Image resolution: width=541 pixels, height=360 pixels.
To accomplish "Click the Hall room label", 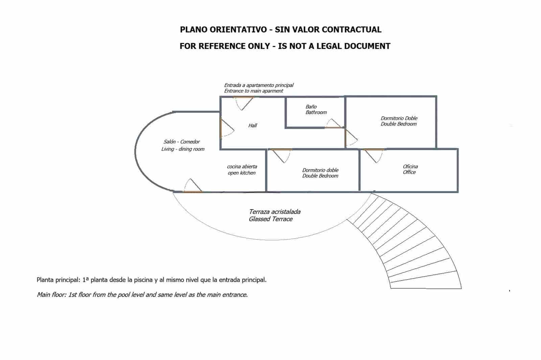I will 253,125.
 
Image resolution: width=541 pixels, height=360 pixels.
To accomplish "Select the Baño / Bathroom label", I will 316,110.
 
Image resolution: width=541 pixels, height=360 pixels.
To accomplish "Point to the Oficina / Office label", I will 410,169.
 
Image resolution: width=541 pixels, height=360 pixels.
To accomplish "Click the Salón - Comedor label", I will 182,142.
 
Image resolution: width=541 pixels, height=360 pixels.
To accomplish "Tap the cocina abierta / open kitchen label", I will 242,170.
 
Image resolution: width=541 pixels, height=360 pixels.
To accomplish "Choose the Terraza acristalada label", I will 275,212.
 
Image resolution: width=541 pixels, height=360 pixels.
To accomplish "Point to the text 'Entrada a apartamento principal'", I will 259,85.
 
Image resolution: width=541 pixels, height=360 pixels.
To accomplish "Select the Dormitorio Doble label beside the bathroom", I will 399,121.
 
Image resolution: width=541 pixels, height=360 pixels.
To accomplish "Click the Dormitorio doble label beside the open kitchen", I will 320,173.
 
